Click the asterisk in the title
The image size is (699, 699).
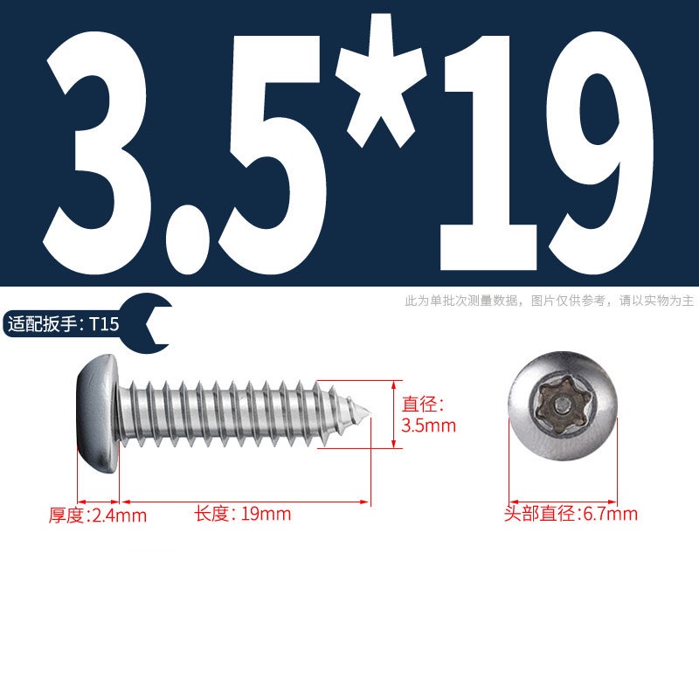[x=381, y=80]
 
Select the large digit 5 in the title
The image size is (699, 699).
[x=273, y=155]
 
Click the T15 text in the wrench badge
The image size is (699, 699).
[x=104, y=324]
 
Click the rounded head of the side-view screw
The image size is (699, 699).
[x=98, y=413]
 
